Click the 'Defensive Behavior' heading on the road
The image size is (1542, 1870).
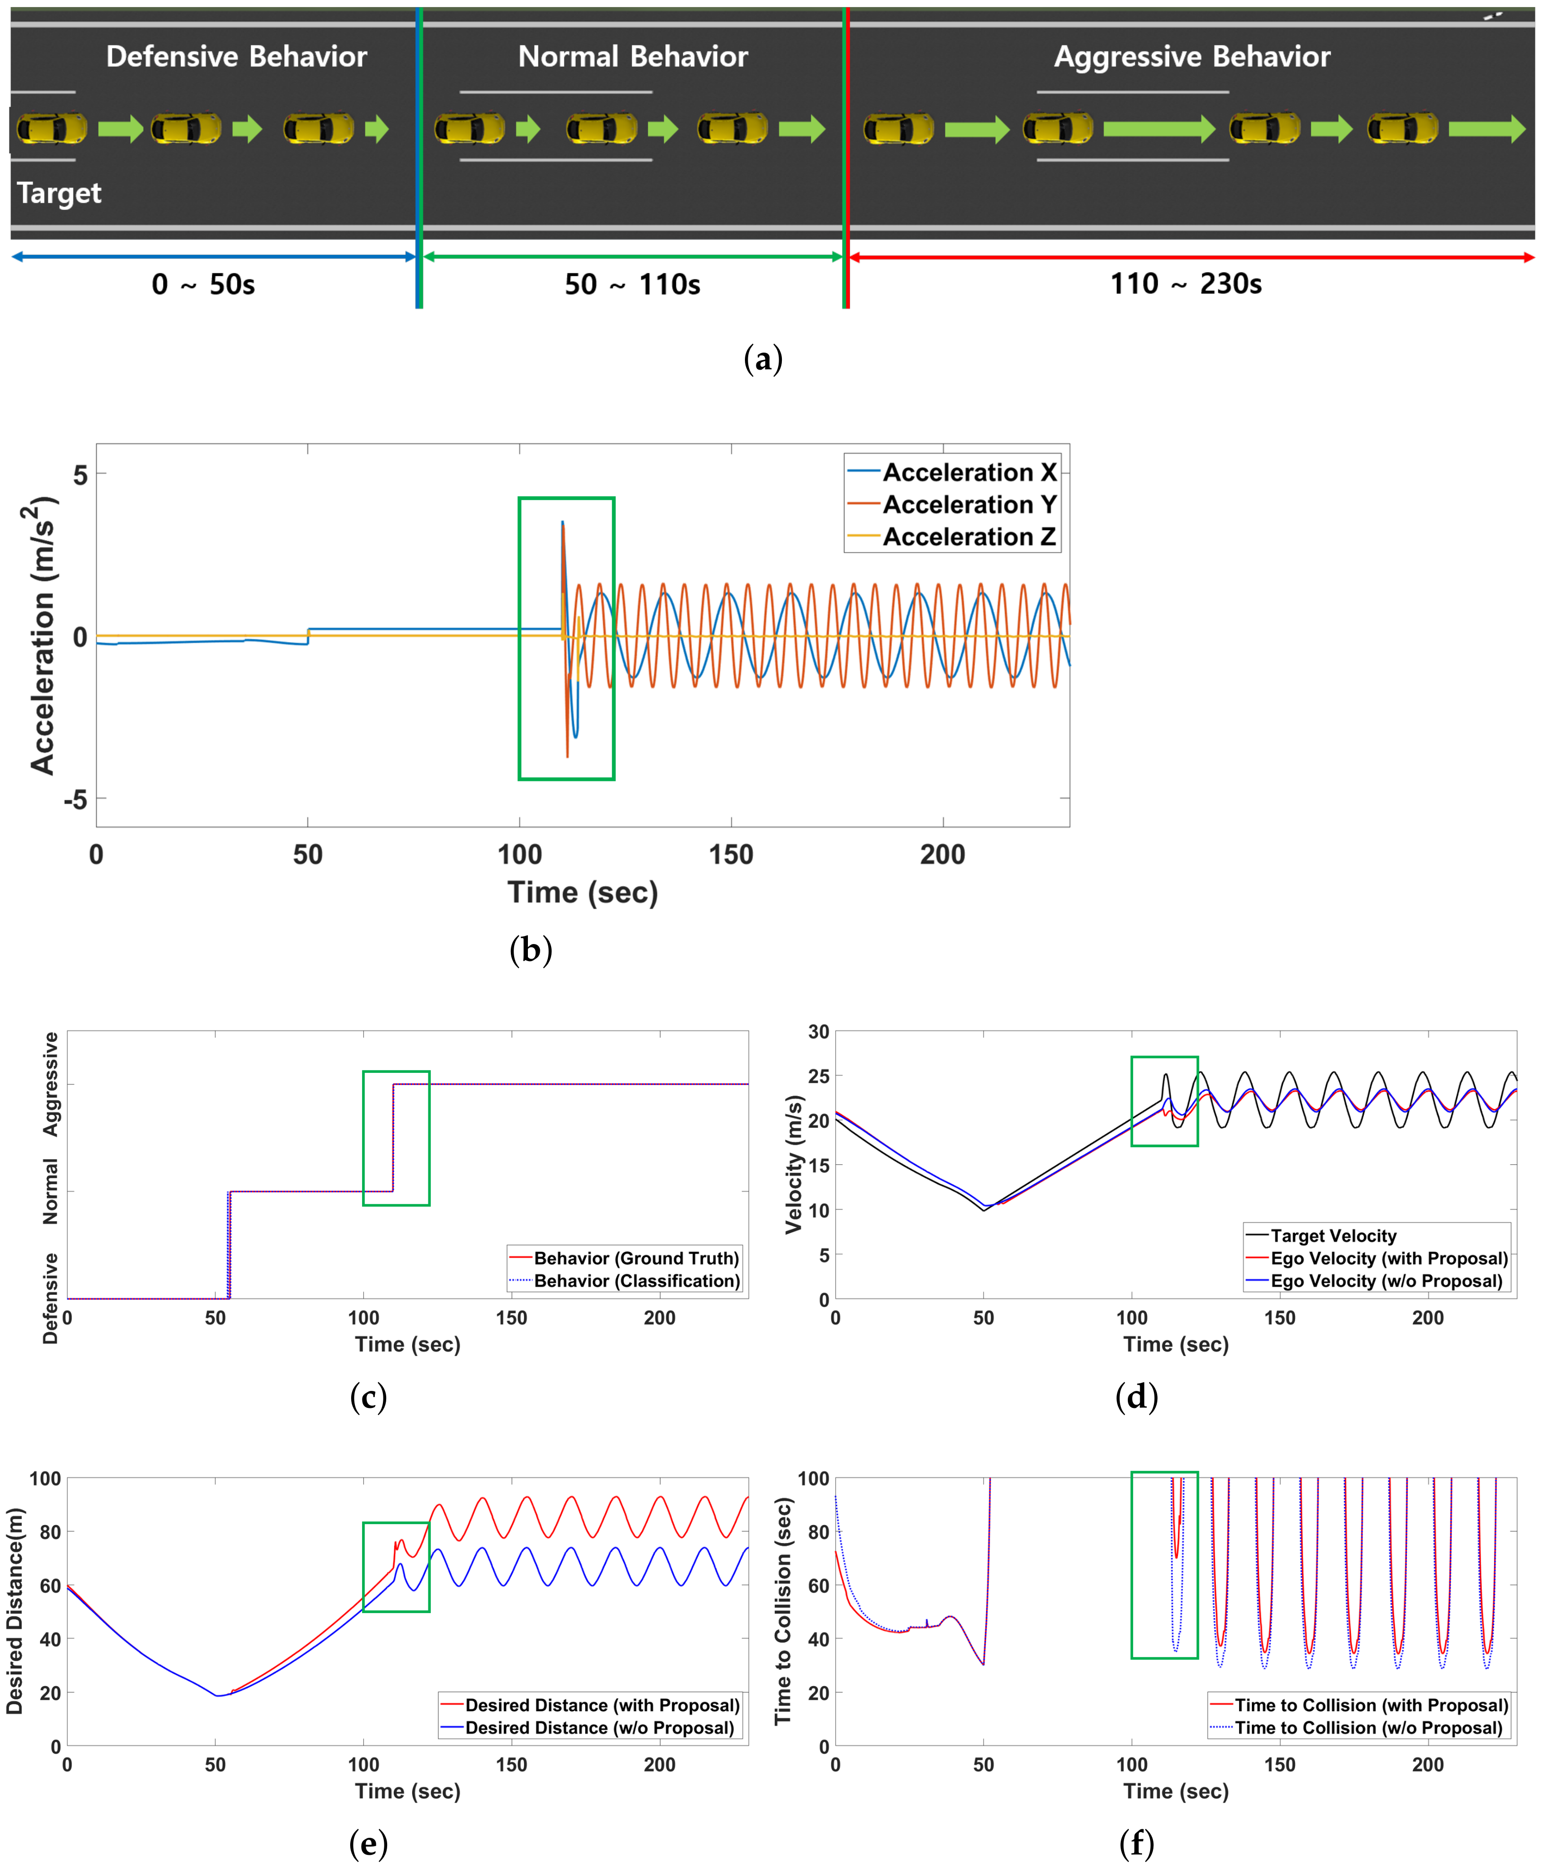236,57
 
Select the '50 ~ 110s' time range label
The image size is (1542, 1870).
633,284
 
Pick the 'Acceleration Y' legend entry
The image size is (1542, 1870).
969,505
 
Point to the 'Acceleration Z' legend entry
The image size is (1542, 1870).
969,536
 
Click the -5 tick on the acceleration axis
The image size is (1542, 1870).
75,799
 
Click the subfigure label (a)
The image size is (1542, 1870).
763,359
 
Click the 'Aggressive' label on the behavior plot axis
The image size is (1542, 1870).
51,1084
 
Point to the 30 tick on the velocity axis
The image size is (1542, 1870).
818,1031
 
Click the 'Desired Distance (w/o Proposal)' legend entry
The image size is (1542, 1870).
599,1728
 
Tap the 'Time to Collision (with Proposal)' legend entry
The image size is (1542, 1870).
1370,1705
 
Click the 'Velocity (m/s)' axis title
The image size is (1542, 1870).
793,1165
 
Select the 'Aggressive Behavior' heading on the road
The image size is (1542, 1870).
1191,57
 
